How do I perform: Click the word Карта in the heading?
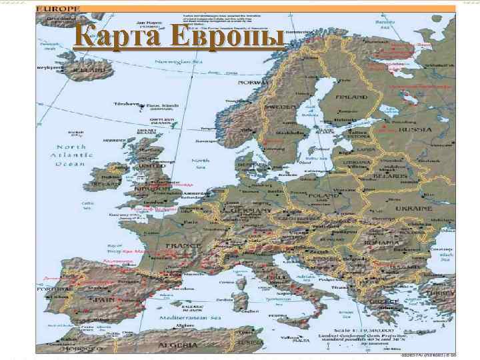click(112, 37)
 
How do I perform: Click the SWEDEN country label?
click(281, 107)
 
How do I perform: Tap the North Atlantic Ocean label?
click(71, 155)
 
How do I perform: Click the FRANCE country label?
click(183, 245)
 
